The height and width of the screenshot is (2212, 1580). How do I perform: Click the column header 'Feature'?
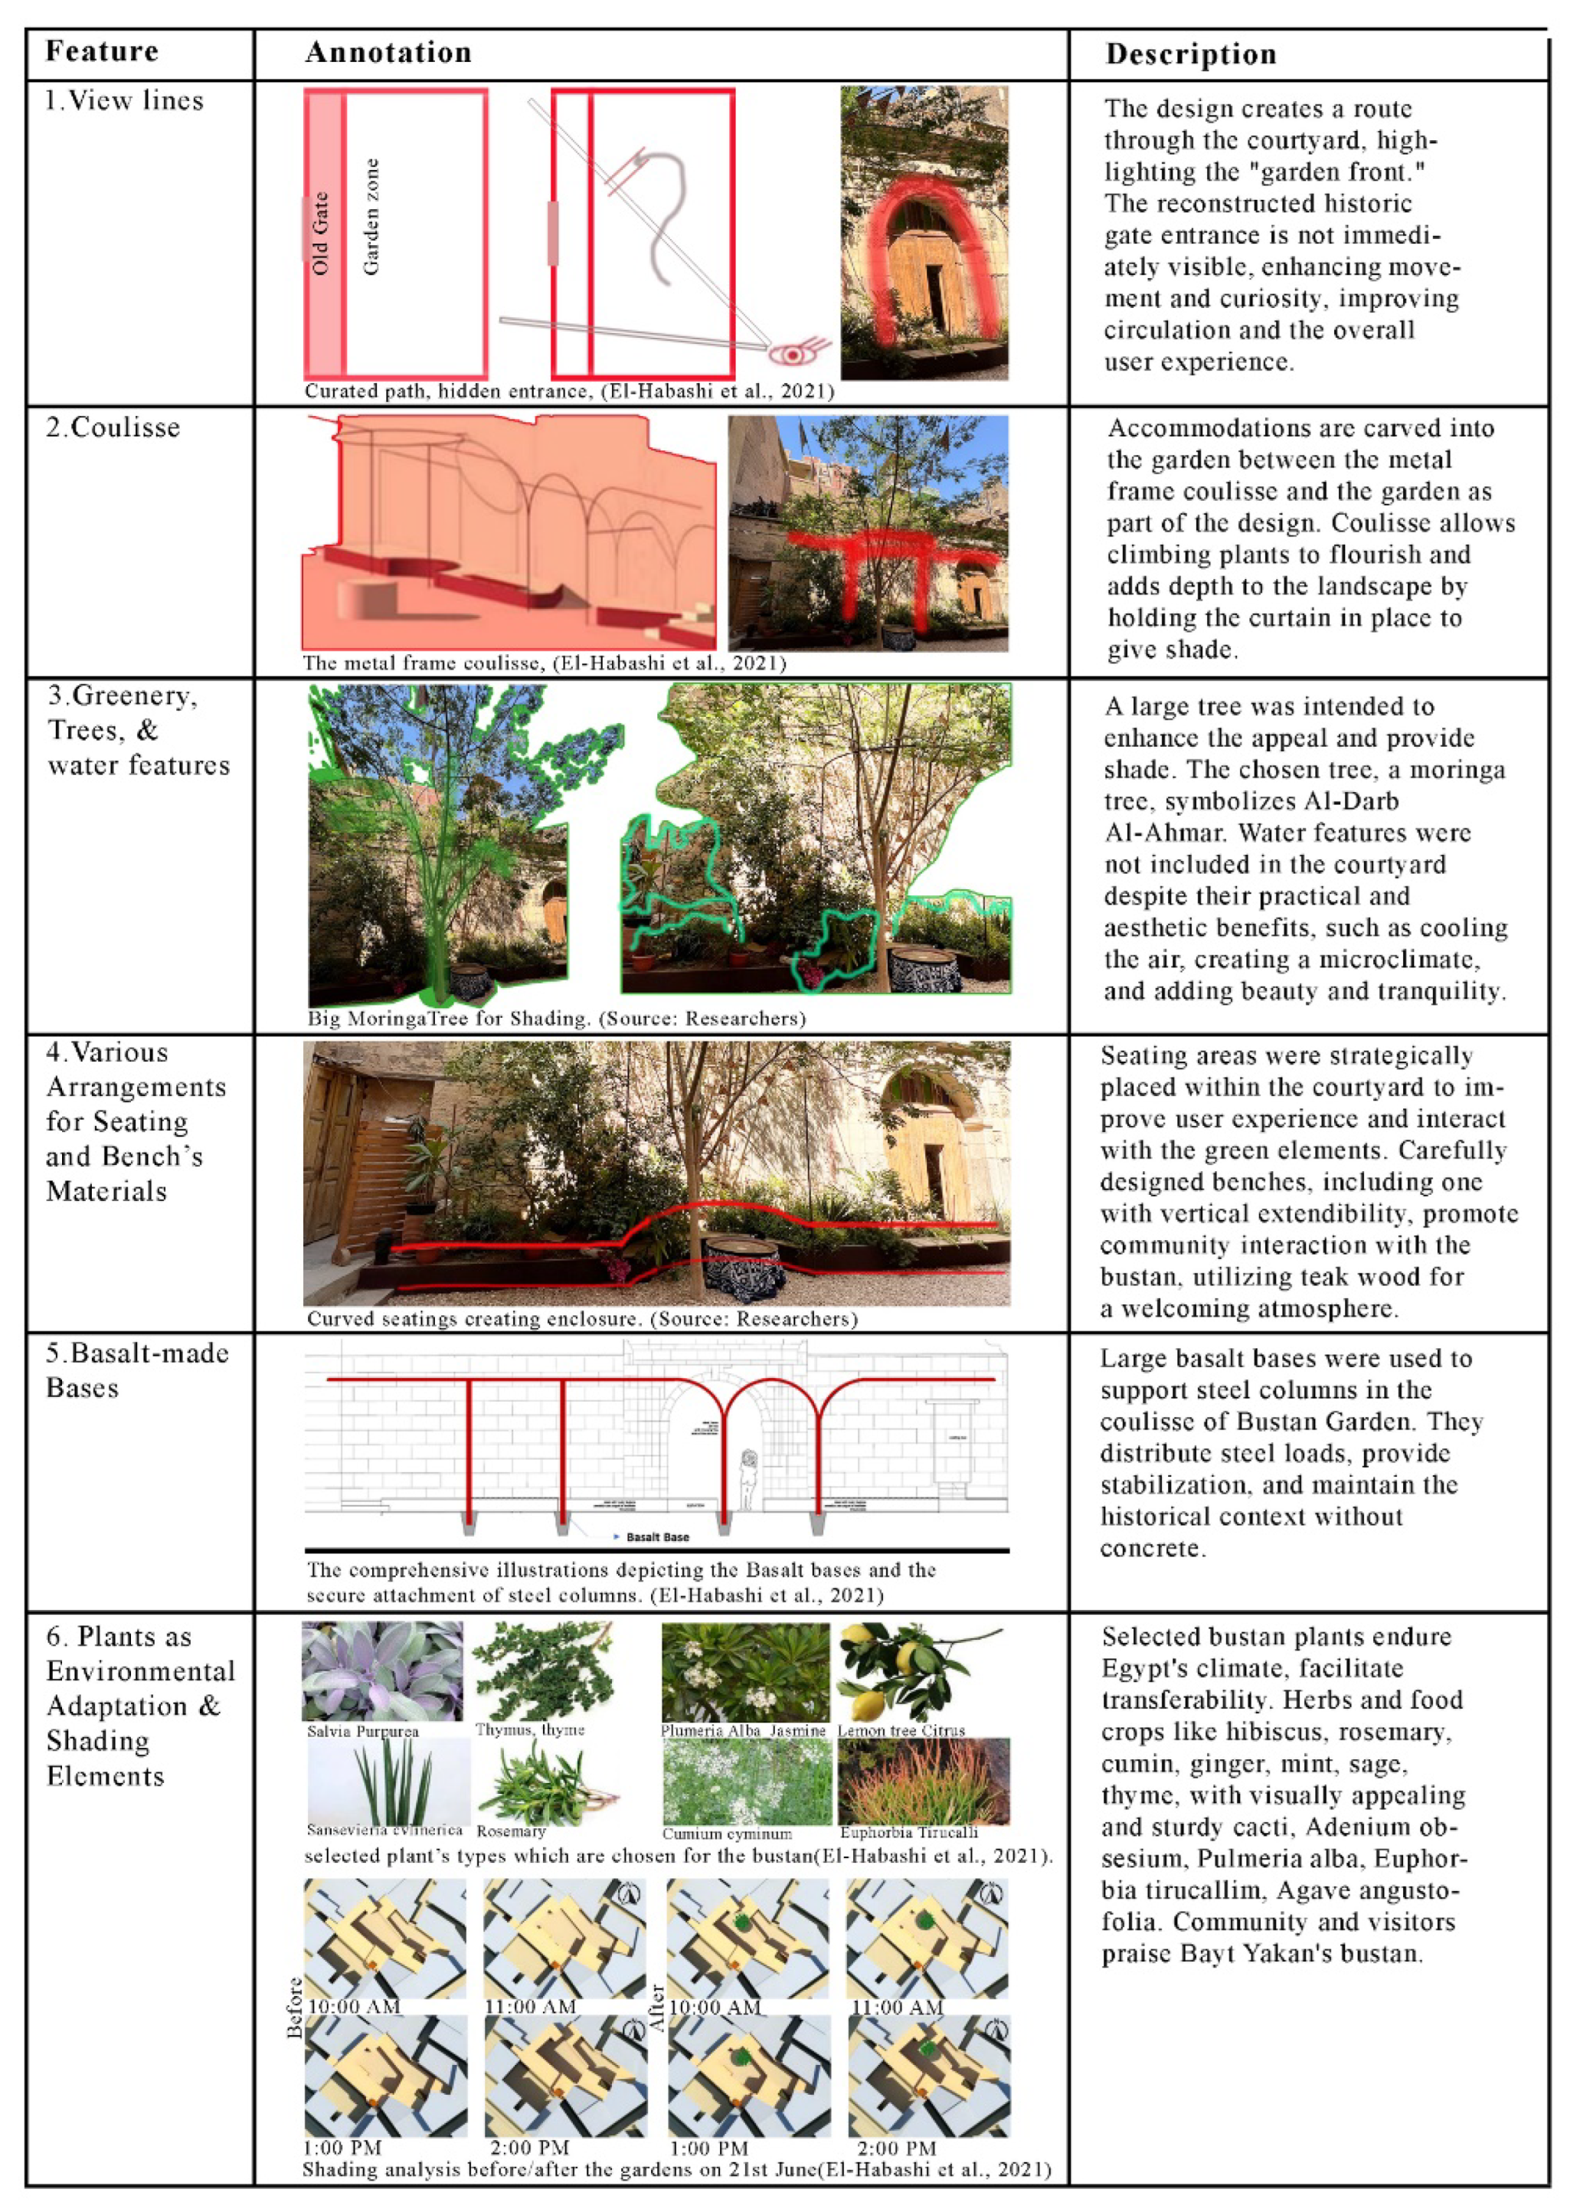(101, 51)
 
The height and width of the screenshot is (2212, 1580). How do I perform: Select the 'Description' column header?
(1190, 54)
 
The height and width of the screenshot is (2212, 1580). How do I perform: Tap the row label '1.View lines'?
(125, 101)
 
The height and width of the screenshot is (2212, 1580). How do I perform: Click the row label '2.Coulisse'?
(113, 428)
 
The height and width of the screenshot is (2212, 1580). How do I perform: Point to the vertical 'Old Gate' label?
(321, 234)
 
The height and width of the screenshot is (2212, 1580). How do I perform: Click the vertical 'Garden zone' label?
(371, 217)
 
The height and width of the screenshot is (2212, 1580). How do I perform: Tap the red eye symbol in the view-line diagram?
(793, 353)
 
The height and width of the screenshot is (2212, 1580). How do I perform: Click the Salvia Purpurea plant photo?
(382, 1672)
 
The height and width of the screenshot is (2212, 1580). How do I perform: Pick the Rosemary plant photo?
(548, 1783)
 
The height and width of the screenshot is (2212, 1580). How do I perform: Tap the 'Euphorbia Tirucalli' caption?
(908, 1833)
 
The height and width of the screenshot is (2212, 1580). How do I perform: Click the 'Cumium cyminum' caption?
(727, 1834)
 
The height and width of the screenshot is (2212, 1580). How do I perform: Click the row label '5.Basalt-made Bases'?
(136, 1369)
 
